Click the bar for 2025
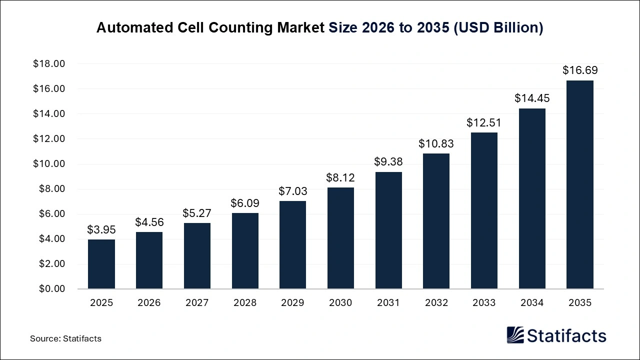pos(101,264)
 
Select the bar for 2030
pos(340,238)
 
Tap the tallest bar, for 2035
pos(579,184)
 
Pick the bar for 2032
pos(436,221)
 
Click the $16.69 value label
pos(579,70)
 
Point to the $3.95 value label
pos(101,229)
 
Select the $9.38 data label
pos(388,161)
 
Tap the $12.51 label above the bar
pos(484,122)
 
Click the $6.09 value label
pos(244,203)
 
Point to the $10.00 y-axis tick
pos(49,164)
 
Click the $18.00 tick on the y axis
pos(49,64)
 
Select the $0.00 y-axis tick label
pos(51,289)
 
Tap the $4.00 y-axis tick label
pos(51,239)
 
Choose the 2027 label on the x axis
pos(196,302)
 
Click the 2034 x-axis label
pos(531,302)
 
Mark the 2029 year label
pos(292,302)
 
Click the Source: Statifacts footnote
pos(65,338)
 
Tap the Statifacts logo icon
pos(515,335)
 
